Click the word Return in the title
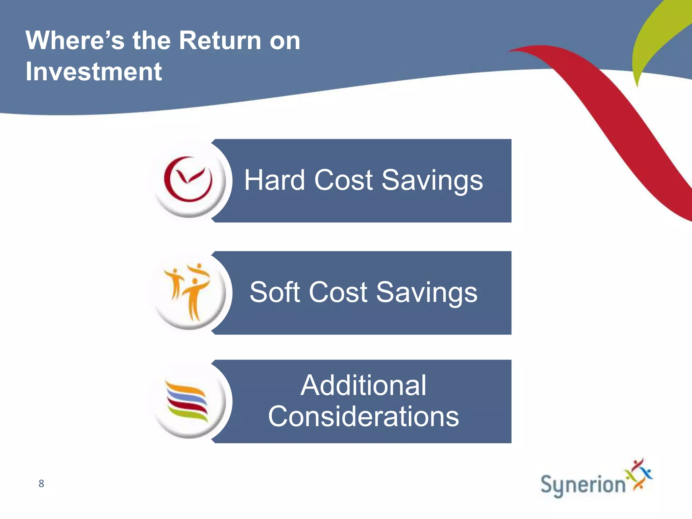(220, 41)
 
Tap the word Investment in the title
(94, 72)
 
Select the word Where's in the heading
(75, 41)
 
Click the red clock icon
(188, 179)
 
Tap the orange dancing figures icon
(188, 292)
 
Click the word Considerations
(363, 416)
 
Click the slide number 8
(41, 484)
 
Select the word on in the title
(285, 41)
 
